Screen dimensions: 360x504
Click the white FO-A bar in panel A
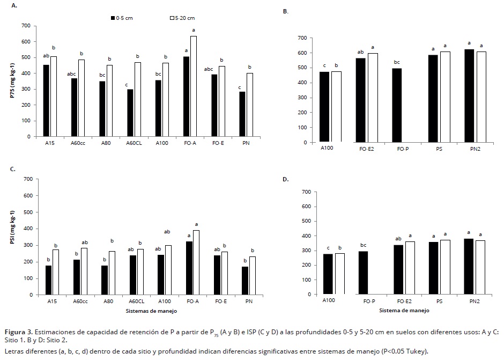pyautogui.click(x=193, y=86)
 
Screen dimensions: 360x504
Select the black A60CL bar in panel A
pyautogui.click(x=130, y=113)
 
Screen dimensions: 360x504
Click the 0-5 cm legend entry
pyautogui.click(x=123, y=18)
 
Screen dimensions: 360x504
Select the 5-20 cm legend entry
pyautogui.click(x=182, y=18)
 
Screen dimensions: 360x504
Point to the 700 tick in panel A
pyautogui.click(x=26, y=26)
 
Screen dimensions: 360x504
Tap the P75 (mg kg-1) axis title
pyautogui.click(x=12, y=80)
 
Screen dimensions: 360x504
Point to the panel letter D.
pyautogui.click(x=285, y=179)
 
